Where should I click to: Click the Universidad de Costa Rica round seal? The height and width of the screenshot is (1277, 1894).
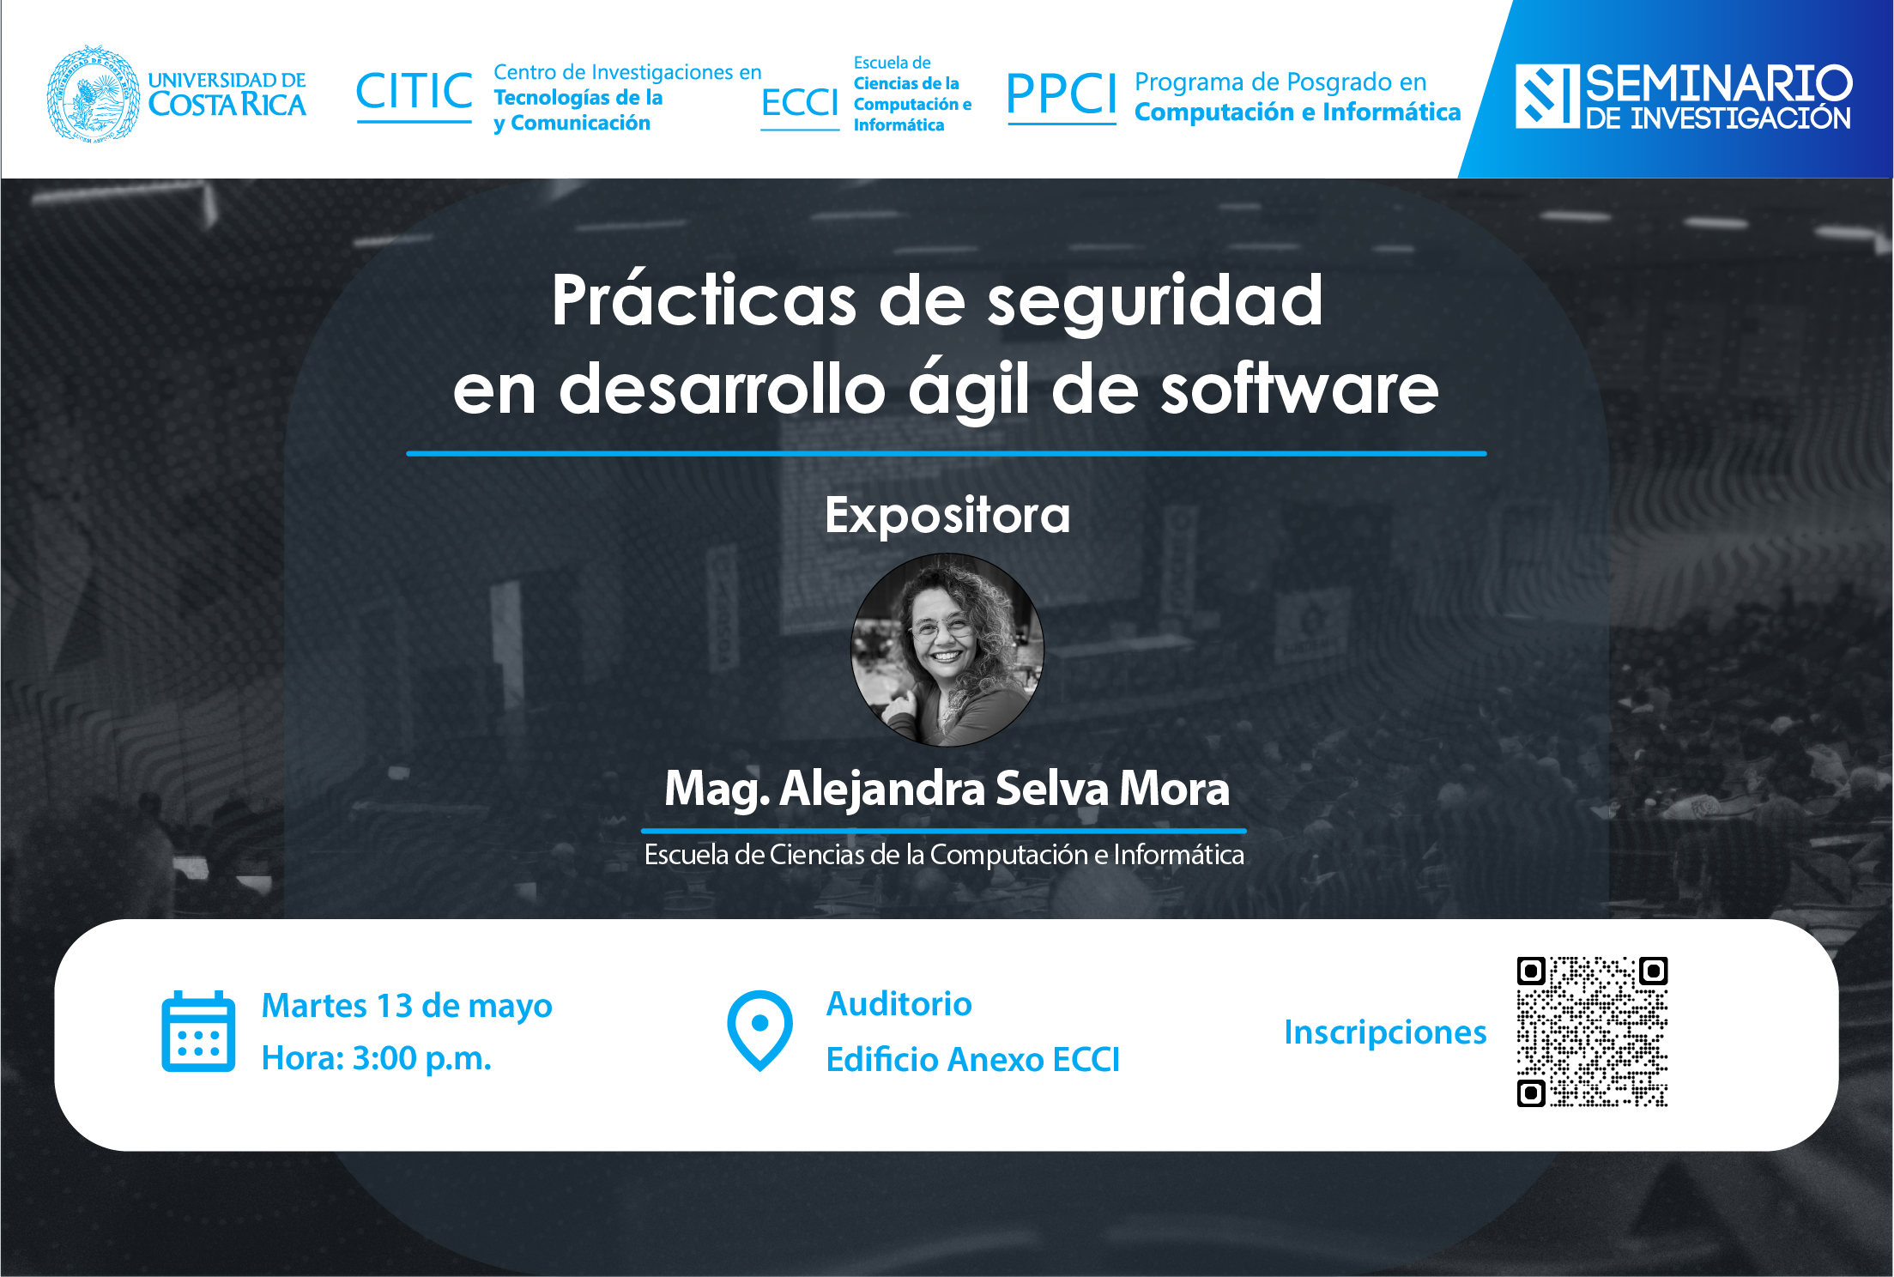(94, 94)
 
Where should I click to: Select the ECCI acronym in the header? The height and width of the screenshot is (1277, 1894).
(800, 103)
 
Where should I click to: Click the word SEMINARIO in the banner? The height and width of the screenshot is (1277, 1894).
(1718, 84)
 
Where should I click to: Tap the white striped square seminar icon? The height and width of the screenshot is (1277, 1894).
(1547, 96)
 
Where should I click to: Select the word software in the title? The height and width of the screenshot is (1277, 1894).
(1299, 388)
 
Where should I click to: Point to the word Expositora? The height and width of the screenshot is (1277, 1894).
(947, 515)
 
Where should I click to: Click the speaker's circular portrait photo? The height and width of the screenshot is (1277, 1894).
(947, 650)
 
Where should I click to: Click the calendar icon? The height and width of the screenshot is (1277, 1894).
(198, 1032)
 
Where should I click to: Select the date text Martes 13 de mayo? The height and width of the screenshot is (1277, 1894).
(407, 1005)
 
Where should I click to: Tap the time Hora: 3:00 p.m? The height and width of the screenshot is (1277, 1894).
(377, 1058)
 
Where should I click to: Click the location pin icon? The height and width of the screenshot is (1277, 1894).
(759, 1031)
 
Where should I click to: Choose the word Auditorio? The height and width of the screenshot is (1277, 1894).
(899, 1003)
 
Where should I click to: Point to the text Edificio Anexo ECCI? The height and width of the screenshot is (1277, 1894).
(973, 1060)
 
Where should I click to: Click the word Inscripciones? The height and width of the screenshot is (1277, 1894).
(1385, 1032)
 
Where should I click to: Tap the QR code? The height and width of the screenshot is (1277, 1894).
(1592, 1032)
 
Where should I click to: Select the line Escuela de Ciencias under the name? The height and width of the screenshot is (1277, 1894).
(944, 855)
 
